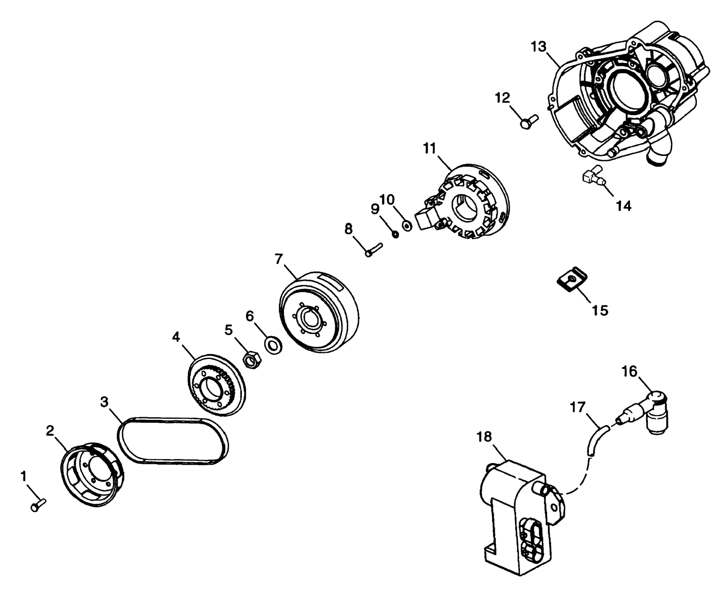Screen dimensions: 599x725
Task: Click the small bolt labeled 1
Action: click(38, 505)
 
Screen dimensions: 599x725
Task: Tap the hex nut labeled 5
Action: click(253, 361)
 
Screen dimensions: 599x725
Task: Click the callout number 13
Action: click(539, 47)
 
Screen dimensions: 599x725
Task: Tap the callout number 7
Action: click(279, 259)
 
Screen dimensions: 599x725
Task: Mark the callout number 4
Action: click(176, 337)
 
